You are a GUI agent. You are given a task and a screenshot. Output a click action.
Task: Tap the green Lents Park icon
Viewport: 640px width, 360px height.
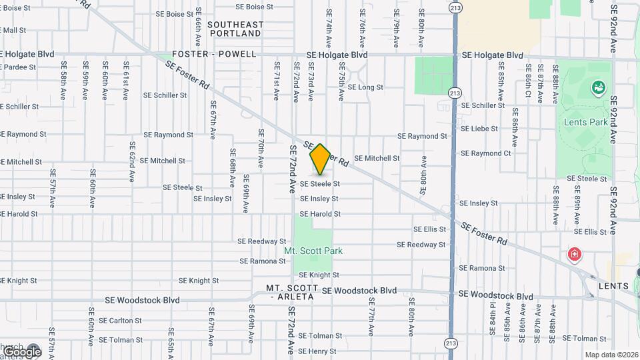click(598, 87)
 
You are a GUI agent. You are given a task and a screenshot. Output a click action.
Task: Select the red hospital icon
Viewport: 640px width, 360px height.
click(573, 254)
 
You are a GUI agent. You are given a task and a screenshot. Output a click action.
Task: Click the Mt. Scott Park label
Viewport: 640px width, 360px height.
click(313, 251)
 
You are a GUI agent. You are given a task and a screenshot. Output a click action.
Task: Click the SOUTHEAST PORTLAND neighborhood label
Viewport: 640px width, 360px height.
click(235, 29)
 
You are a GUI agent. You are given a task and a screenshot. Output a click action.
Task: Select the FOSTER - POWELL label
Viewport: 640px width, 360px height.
click(214, 54)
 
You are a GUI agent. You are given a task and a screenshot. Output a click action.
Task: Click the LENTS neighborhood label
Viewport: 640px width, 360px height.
click(613, 286)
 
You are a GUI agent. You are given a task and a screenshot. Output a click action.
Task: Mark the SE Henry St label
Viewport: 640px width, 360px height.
click(317, 351)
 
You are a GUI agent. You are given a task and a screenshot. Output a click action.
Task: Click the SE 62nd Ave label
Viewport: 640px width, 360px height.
click(133, 163)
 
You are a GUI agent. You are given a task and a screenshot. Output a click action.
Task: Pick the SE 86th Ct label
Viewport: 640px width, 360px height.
click(527, 83)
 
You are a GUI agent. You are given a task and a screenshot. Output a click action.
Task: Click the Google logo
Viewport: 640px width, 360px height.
click(21, 351)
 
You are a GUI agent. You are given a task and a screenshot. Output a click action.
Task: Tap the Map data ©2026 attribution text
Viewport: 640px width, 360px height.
click(611, 355)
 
